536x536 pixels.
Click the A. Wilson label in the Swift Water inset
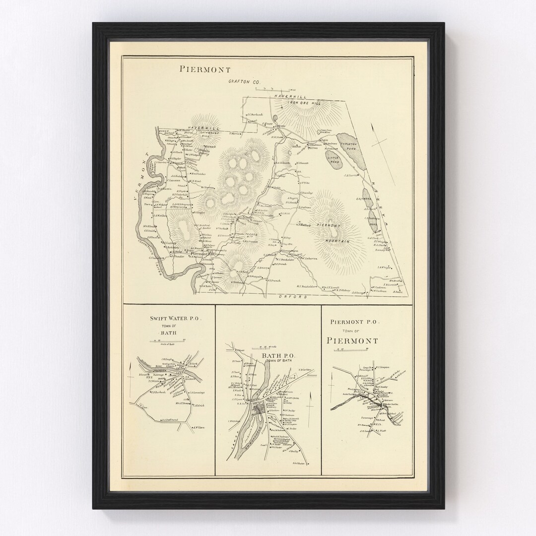click(x=199, y=427)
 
